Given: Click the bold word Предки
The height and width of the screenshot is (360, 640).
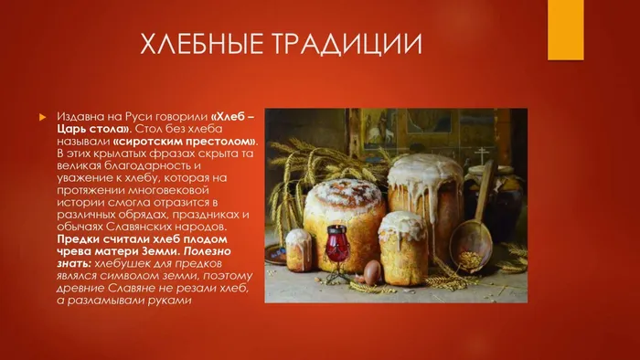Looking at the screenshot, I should coord(77,238).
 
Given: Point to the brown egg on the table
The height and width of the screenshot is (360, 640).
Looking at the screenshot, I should coord(372,271).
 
